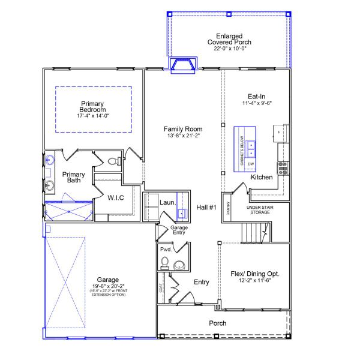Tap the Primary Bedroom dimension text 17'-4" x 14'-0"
coord(93,116)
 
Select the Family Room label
coord(183,129)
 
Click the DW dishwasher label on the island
coord(251,164)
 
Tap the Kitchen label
coord(262,178)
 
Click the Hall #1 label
coord(206,208)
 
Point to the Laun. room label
coord(167,202)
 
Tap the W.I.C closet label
coord(116,197)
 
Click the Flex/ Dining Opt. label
coord(256,274)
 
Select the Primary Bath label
coord(74,178)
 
